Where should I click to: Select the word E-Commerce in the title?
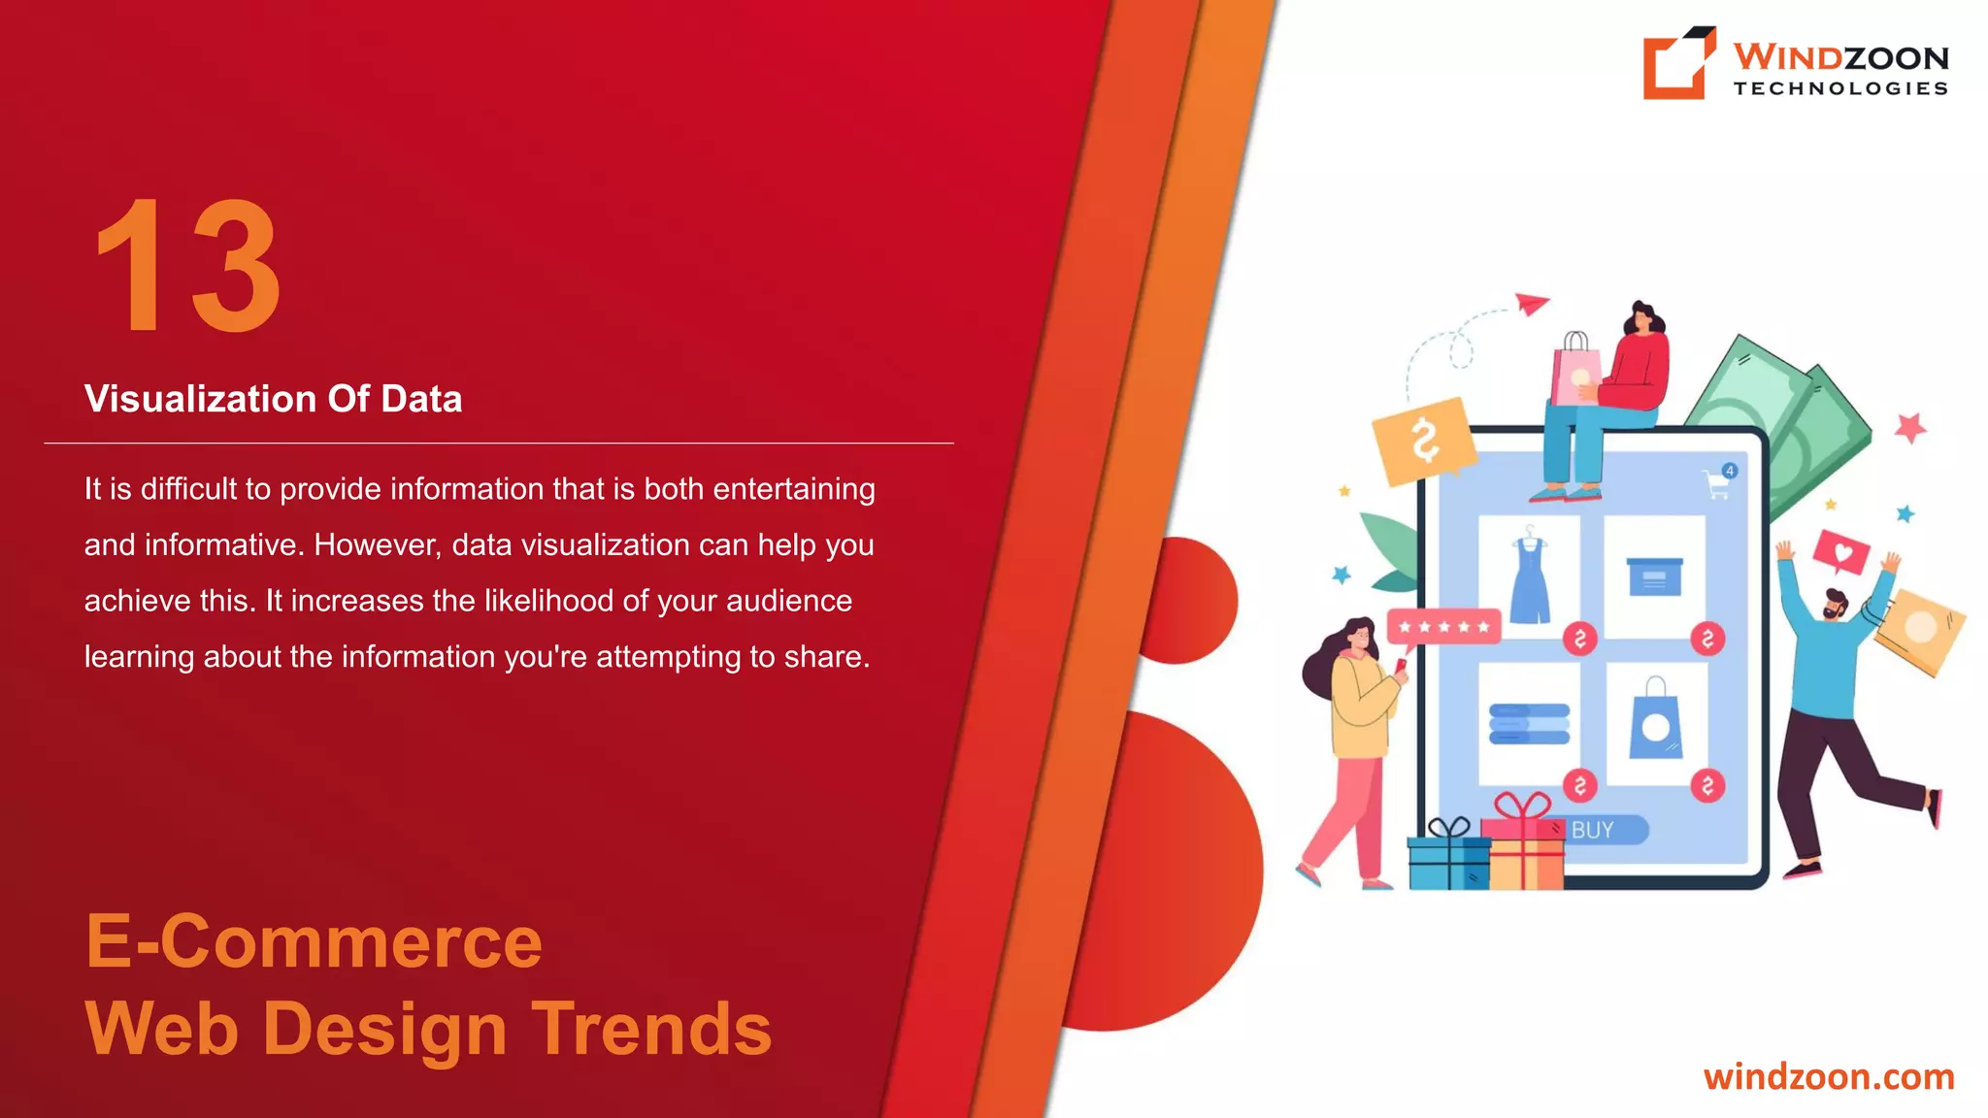[314, 941]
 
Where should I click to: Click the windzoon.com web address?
[1828, 1076]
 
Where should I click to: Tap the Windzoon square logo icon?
[1676, 64]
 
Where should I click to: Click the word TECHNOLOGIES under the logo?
[1840, 88]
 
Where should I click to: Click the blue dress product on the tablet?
[1529, 578]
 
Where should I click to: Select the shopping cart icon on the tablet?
[1717, 482]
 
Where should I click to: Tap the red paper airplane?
[1532, 305]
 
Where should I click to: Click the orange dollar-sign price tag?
[1423, 441]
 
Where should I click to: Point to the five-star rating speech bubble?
[1443, 626]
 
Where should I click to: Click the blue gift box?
[1447, 858]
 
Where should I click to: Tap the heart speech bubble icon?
[1841, 554]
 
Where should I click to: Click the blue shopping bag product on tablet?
[1656, 722]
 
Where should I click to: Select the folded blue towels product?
[1529, 724]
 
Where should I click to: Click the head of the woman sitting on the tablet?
[1641, 319]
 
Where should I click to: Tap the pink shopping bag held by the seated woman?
[1574, 372]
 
